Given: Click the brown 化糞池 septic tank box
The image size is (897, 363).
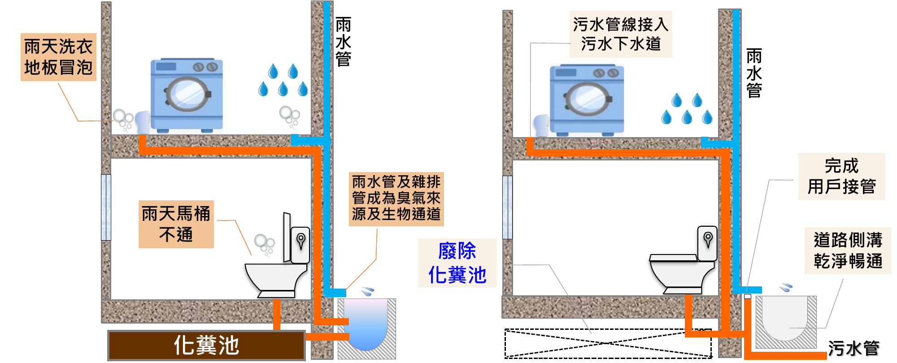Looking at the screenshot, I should tap(206, 345).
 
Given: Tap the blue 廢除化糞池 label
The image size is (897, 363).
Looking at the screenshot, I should tap(457, 263).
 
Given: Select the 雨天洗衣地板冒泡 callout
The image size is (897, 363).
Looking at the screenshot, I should tap(58, 57).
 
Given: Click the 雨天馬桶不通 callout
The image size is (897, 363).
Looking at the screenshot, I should tap(176, 224).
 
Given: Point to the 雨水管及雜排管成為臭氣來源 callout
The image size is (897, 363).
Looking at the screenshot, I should tap(396, 199).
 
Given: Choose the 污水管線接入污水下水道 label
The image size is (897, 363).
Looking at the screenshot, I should tap(621, 34).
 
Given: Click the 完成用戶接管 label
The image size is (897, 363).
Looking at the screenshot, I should tap(841, 176).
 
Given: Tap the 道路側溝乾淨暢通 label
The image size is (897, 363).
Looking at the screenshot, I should tap(848, 251).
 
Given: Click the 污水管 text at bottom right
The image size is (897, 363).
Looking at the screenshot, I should tap(853, 348).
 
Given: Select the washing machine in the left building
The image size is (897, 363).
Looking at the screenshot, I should tap(187, 95).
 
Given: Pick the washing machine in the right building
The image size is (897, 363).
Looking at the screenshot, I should tap(587, 99).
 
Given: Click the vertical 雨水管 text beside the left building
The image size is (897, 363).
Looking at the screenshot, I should tap(343, 42).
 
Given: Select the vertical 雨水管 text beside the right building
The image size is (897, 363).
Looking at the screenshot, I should tap(754, 73).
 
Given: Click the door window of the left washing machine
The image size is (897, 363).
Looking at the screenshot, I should tap(187, 94).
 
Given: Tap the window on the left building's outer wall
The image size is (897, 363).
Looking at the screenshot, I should tap(106, 207).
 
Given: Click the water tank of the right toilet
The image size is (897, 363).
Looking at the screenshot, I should tap(707, 242).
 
